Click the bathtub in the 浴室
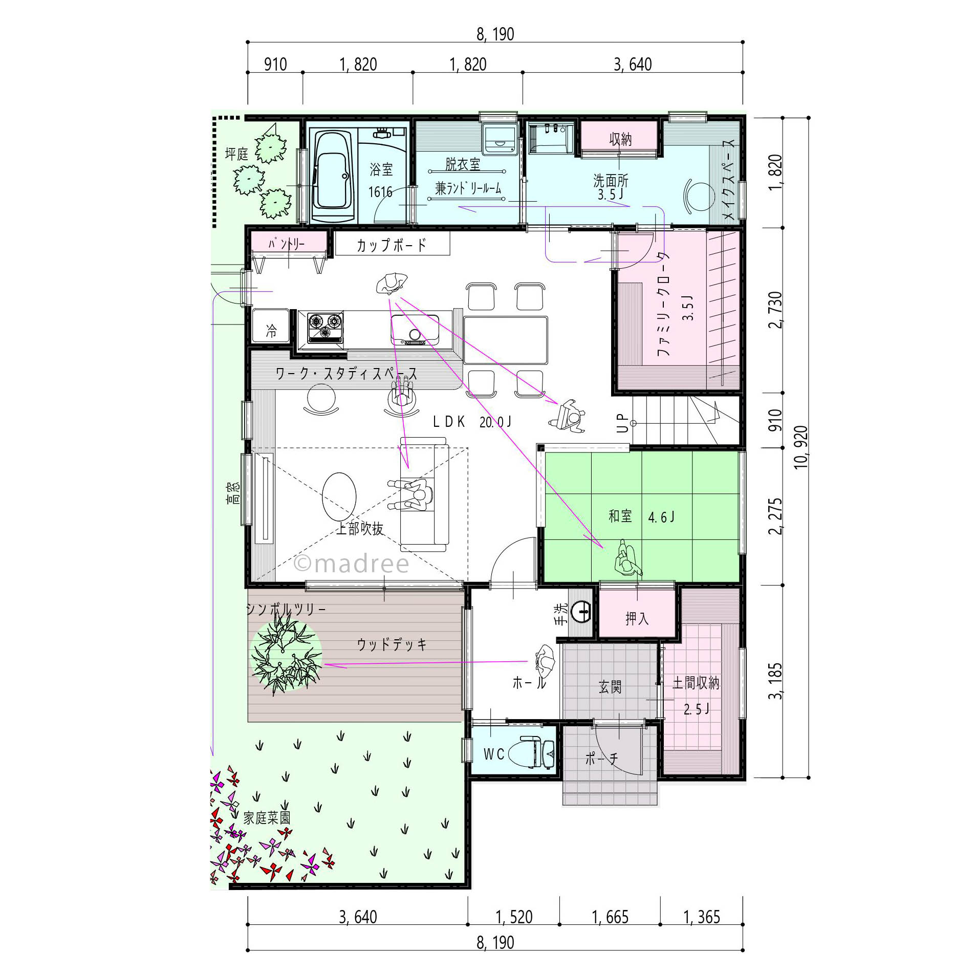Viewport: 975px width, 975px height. pyautogui.click(x=333, y=176)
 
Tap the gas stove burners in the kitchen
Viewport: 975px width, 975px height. pyautogui.click(x=325, y=327)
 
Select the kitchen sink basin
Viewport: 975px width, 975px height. pyautogui.click(x=415, y=330)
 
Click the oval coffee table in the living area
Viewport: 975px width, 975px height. pyautogui.click(x=339, y=495)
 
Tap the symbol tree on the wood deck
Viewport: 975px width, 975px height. pyautogui.click(x=286, y=655)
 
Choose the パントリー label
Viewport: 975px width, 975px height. pyautogui.click(x=287, y=244)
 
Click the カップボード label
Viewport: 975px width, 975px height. pyautogui.click(x=392, y=245)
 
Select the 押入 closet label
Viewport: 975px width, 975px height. pyautogui.click(x=637, y=619)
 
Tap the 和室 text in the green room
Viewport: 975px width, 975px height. pyautogui.click(x=620, y=516)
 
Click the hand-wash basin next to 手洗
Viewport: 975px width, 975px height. pyautogui.click(x=581, y=611)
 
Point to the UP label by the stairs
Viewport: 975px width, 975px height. pyautogui.click(x=622, y=423)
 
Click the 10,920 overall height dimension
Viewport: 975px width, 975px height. pyautogui.click(x=800, y=447)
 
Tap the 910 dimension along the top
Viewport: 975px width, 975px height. pyautogui.click(x=275, y=64)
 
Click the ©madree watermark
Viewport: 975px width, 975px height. pyautogui.click(x=352, y=564)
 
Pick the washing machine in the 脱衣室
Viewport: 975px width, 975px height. pyautogui.click(x=501, y=138)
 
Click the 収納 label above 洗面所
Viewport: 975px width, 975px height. pyautogui.click(x=620, y=139)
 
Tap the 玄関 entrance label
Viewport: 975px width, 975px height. pyautogui.click(x=610, y=686)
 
